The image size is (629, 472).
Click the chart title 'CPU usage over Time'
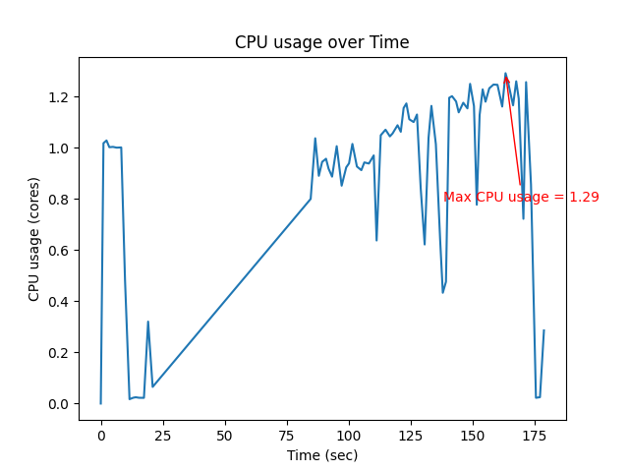[321, 42]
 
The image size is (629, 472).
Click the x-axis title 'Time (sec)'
[321, 455]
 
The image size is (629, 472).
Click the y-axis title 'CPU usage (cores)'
[34, 239]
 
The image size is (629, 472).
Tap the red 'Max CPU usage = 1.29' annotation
[521, 197]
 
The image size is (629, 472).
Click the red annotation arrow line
[513, 129]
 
